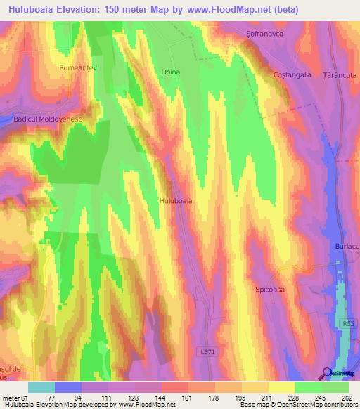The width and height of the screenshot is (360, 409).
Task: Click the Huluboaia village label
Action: pos(176,200)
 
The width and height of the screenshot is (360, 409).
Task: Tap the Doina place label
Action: pos(171,72)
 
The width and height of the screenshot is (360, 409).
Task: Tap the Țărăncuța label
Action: pos(335,74)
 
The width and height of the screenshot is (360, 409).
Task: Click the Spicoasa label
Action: pos(270,288)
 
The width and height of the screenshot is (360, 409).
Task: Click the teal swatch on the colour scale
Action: pos(41,387)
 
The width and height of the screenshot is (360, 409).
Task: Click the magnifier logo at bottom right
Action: pos(327,374)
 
